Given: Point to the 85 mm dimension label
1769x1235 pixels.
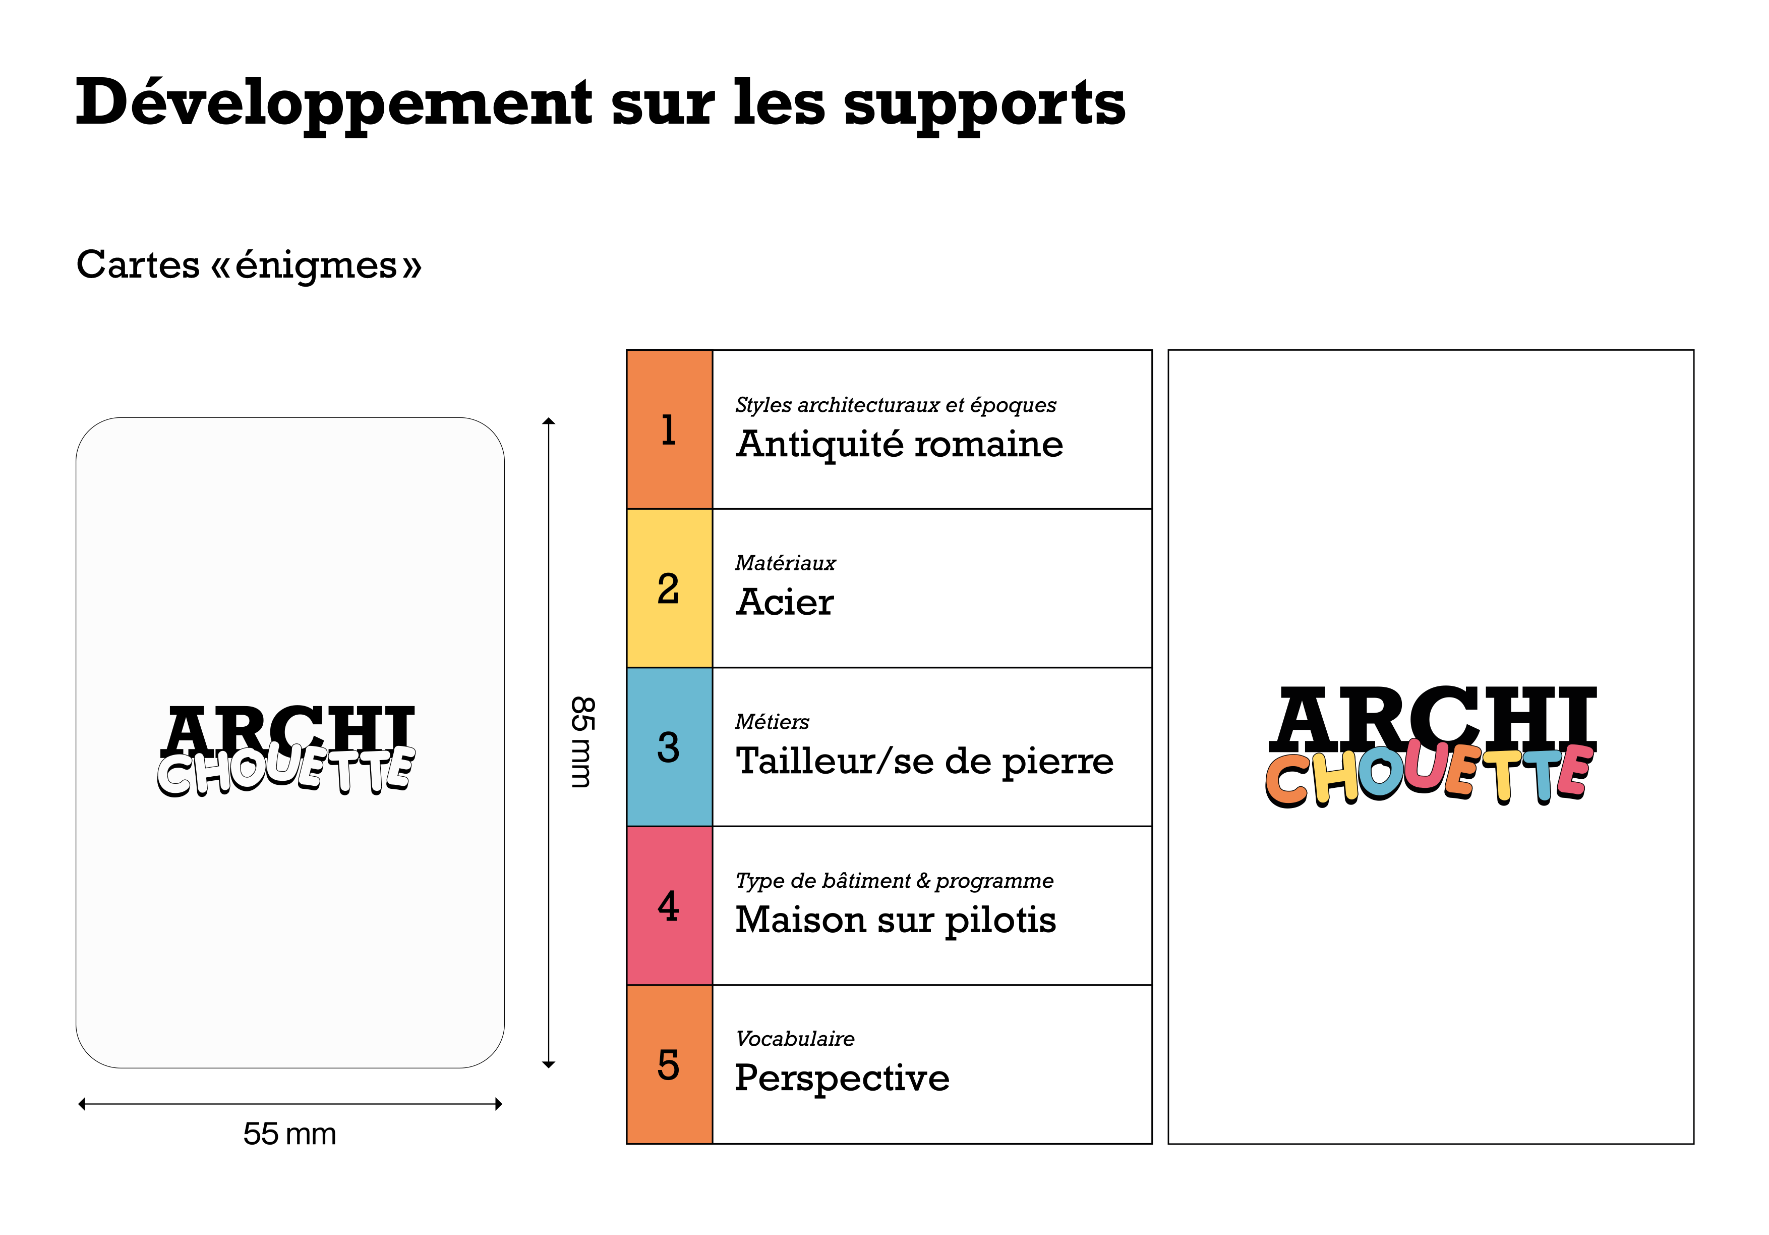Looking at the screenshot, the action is point(582,741).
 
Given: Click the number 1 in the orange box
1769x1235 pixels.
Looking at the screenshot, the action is point(668,430).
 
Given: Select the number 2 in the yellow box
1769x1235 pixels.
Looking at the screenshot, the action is point(668,589).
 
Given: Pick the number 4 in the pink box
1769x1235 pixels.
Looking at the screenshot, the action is point(668,906).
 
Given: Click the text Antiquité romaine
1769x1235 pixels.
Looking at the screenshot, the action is point(899,445).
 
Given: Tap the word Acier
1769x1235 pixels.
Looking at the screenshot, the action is point(784,603).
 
